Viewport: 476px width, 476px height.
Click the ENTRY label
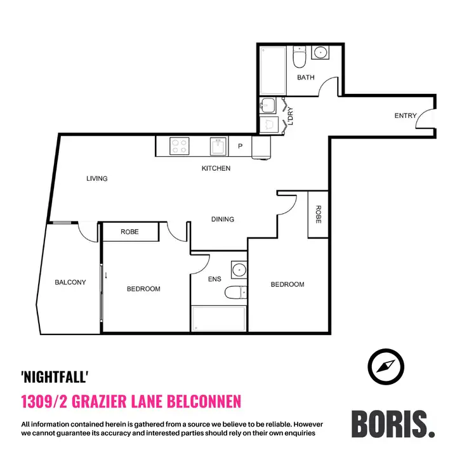tap(406, 116)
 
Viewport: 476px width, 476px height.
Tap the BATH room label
tap(306, 78)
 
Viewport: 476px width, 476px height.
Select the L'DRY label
tap(290, 116)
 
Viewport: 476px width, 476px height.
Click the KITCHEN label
tap(216, 169)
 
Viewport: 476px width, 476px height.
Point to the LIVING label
tap(97, 179)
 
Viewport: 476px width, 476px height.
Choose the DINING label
tap(223, 220)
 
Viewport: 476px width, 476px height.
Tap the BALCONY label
tap(70, 282)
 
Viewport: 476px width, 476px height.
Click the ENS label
tap(214, 279)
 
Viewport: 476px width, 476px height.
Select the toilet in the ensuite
tap(235, 293)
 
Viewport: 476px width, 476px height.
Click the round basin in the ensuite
tap(239, 270)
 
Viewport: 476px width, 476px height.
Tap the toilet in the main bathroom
tap(300, 59)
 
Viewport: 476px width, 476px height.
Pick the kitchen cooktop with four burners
tap(180, 147)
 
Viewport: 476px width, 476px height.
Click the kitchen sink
tap(218, 147)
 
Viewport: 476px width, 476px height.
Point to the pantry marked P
tap(240, 147)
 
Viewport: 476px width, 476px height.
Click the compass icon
tap(386, 366)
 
